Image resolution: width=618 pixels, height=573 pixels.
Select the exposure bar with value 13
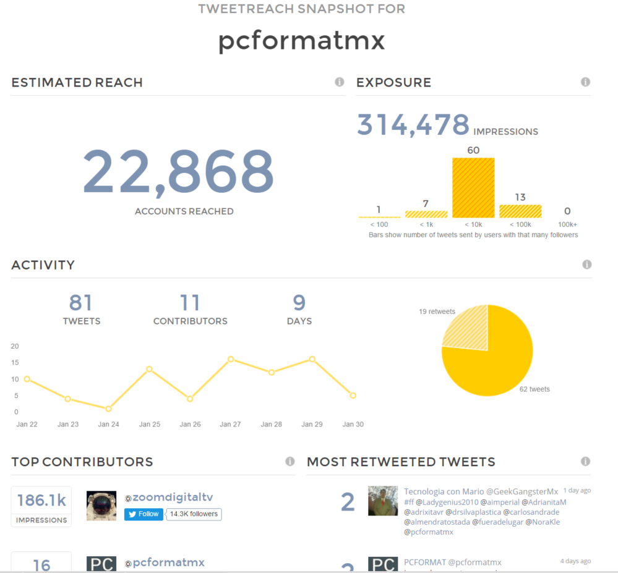pyautogui.click(x=520, y=211)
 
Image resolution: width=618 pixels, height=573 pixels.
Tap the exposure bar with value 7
pyautogui.click(x=426, y=214)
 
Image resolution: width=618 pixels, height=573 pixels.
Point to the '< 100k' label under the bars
pyautogui.click(x=520, y=224)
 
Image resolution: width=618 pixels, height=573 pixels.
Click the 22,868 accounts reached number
pyautogui.click(x=178, y=171)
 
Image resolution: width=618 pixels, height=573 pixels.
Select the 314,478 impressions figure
pyautogui.click(x=413, y=124)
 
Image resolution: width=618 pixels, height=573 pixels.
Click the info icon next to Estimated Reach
pyautogui.click(x=339, y=82)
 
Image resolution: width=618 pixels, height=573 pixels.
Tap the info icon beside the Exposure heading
pyautogui.click(x=585, y=82)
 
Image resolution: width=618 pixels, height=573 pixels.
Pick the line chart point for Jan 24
pyautogui.click(x=108, y=409)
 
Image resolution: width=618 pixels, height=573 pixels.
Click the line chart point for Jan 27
pyautogui.click(x=230, y=359)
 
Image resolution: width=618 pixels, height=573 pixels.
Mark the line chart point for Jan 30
pyautogui.click(x=353, y=396)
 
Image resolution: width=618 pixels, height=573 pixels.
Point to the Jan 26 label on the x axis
pyautogui.click(x=190, y=424)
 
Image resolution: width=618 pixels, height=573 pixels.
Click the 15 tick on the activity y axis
pyautogui.click(x=15, y=362)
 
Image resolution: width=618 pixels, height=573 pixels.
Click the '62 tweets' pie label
pyautogui.click(x=534, y=389)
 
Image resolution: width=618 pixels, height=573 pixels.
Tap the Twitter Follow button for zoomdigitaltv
pyautogui.click(x=144, y=514)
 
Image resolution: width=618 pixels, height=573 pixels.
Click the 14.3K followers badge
pyautogui.click(x=194, y=514)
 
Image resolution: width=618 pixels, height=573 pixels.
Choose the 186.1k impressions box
pyautogui.click(x=41, y=506)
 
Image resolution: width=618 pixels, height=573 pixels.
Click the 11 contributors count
pyautogui.click(x=190, y=303)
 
